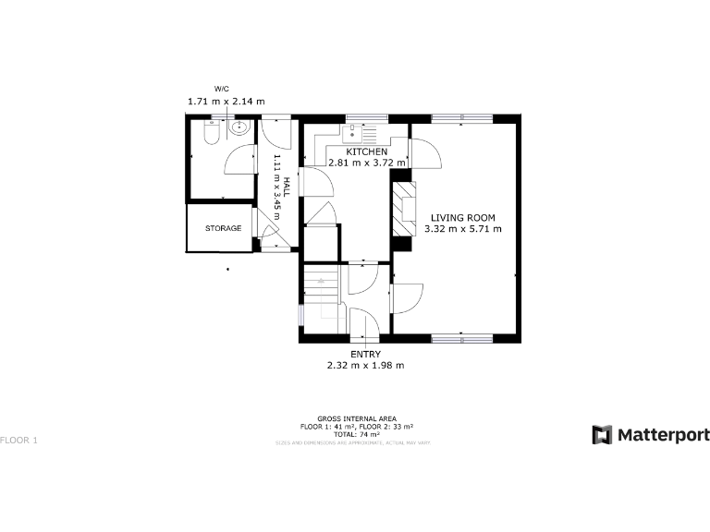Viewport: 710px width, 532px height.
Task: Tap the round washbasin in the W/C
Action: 239,128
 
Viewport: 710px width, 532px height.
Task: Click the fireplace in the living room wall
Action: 402,211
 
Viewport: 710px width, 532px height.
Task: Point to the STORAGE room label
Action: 223,228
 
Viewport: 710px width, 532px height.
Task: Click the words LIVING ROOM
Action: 462,217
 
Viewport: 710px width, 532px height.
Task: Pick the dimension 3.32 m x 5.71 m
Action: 462,228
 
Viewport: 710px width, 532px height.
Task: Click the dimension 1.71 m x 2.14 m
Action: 226,101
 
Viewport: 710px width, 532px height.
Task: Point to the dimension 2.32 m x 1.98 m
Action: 365,366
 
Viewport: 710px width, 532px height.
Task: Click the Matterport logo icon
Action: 602,434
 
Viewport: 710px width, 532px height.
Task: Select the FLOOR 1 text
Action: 19,440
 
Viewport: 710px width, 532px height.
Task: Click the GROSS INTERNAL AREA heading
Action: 356,419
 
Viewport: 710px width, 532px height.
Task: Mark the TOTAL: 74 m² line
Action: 356,433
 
